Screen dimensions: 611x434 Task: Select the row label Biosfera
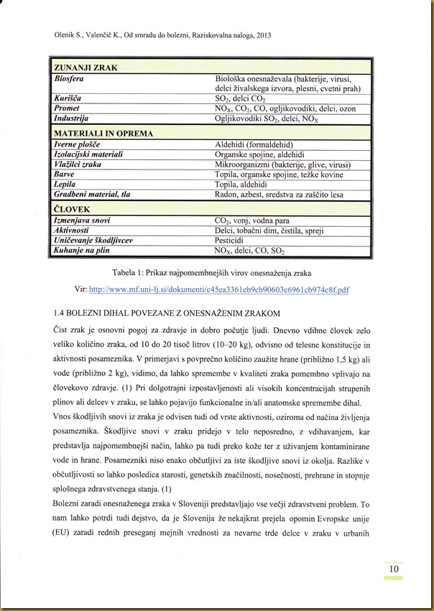70,78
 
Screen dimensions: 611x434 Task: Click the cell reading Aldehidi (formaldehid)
254,144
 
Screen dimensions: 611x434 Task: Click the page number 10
394,570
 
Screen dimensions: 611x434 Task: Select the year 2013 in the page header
263,34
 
